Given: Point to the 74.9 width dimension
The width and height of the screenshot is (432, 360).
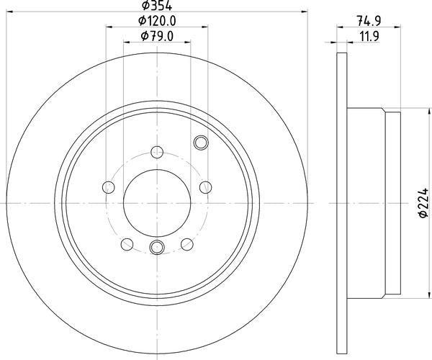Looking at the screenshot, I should (x=369, y=22).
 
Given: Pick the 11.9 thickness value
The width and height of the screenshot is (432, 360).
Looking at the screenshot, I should (x=369, y=36).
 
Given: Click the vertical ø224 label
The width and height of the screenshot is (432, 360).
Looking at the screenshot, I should (x=423, y=204).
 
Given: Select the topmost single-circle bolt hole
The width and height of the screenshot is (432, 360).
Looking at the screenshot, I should (x=156, y=152).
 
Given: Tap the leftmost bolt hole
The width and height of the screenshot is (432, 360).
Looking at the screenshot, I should (x=109, y=187).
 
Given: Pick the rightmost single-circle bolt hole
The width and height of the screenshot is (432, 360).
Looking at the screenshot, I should (x=204, y=187).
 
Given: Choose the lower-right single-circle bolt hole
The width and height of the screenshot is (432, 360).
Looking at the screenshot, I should (x=186, y=243).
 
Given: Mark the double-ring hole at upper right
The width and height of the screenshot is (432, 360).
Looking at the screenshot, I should (x=200, y=142).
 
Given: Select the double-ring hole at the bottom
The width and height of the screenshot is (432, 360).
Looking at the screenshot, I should (x=157, y=248).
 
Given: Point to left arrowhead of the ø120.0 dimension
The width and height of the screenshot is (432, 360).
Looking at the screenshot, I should (x=110, y=27).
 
